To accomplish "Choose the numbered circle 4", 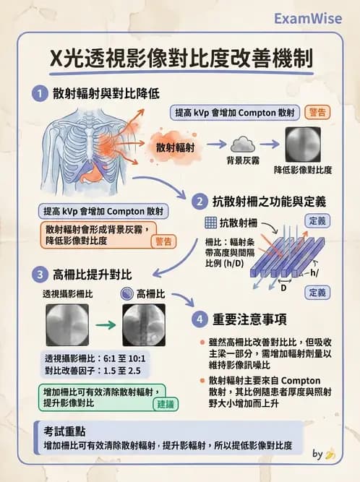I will tap(199, 319).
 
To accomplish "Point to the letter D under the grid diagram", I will tap(283, 287).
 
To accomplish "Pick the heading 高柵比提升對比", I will tap(92, 274).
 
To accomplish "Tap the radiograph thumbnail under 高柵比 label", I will tap(144, 325).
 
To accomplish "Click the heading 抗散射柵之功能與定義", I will tap(267, 200).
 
